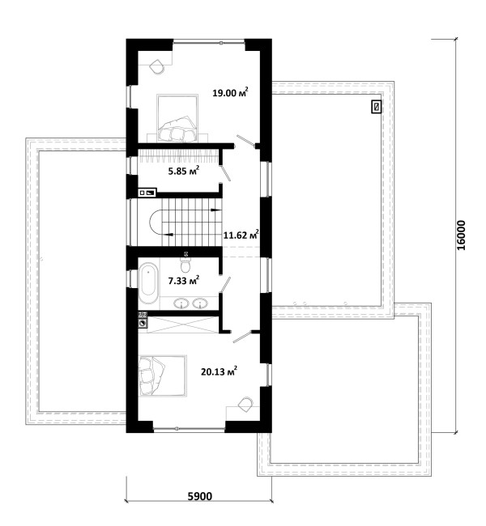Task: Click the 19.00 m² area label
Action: (230, 92)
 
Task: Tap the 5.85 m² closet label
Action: (183, 171)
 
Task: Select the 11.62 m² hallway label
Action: (241, 235)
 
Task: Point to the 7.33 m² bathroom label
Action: (183, 280)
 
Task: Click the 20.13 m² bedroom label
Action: (219, 371)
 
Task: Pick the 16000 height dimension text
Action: (462, 235)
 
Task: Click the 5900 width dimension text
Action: (200, 496)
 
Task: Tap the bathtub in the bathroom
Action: (148, 284)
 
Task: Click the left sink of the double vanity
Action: (181, 303)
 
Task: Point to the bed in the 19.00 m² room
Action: (177, 118)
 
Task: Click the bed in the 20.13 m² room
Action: (162, 376)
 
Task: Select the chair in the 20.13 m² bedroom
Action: (245, 405)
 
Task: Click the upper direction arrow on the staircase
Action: (215, 210)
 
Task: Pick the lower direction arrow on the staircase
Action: (168, 234)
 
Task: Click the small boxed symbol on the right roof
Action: (377, 107)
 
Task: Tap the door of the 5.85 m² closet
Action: (224, 173)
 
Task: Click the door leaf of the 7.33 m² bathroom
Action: (224, 285)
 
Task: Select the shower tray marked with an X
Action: (183, 324)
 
